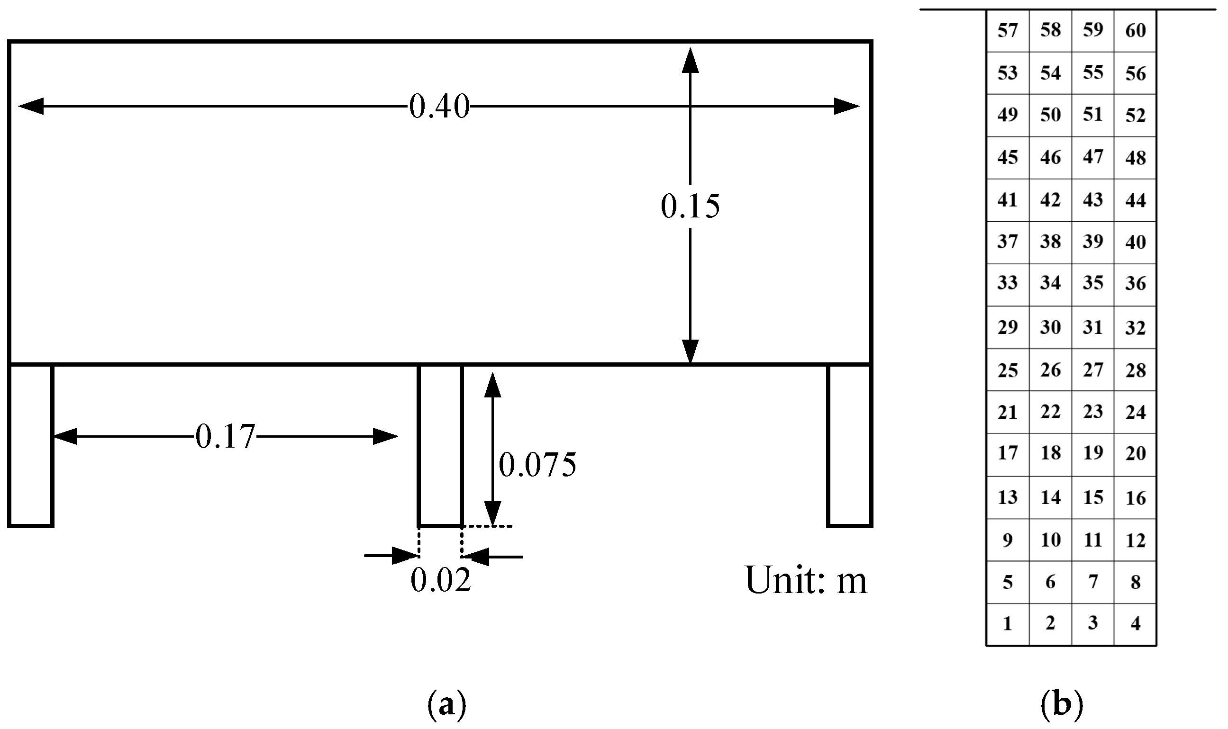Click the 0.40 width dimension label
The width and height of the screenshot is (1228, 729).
pyautogui.click(x=439, y=106)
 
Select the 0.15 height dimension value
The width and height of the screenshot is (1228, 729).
pyautogui.click(x=690, y=207)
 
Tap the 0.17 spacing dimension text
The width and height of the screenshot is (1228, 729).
pyautogui.click(x=225, y=436)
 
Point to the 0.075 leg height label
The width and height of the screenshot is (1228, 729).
pyautogui.click(x=537, y=465)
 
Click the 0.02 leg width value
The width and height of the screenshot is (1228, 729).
pyautogui.click(x=440, y=580)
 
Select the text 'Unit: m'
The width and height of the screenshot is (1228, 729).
pyautogui.click(x=806, y=580)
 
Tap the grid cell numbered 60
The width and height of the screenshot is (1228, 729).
pyautogui.click(x=1135, y=30)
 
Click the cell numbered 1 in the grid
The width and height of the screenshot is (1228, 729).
pyautogui.click(x=1007, y=623)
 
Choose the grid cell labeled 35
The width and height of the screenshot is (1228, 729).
pyautogui.click(x=1093, y=283)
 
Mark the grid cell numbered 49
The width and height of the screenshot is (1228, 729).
pyautogui.click(x=1007, y=115)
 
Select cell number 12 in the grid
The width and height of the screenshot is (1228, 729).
pyautogui.click(x=1135, y=540)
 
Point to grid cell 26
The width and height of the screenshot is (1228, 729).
pyautogui.click(x=1050, y=370)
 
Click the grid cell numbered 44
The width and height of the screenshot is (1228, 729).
pyautogui.click(x=1135, y=200)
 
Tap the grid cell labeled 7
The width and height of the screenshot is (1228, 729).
pyautogui.click(x=1093, y=582)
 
